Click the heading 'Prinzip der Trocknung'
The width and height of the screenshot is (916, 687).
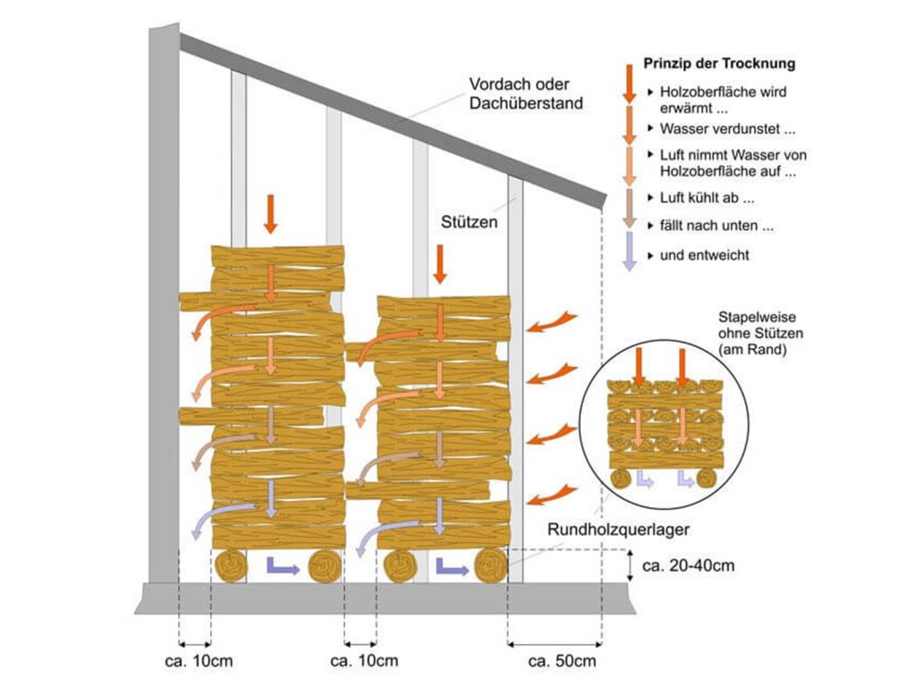[x=719, y=64]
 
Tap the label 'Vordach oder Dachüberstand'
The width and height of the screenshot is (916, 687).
[x=526, y=94]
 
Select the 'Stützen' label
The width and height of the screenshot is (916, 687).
[x=468, y=220]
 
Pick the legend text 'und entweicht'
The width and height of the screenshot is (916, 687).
[x=704, y=255]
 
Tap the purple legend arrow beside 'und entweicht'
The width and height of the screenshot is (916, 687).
[x=631, y=250]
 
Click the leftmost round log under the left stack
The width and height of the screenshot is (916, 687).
[x=232, y=566]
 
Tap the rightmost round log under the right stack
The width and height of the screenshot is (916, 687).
[x=490, y=565]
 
